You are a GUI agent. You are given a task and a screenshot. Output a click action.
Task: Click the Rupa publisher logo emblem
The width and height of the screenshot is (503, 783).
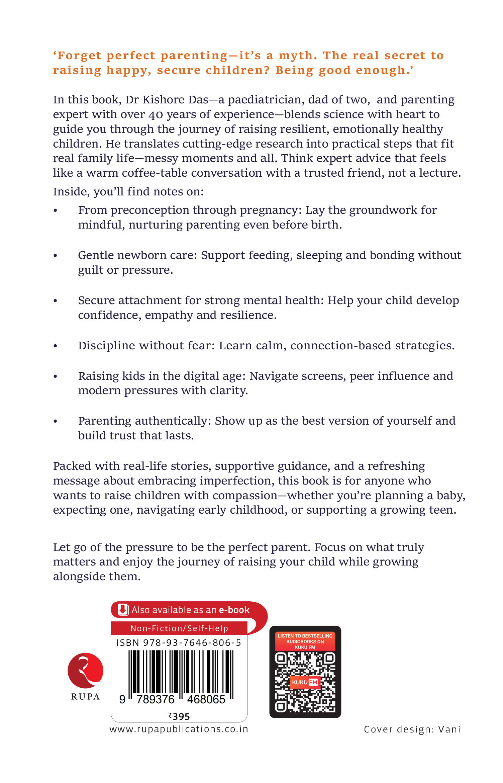pyautogui.click(x=86, y=670)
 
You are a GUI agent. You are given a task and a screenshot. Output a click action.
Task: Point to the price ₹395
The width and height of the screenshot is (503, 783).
pyautogui.click(x=179, y=716)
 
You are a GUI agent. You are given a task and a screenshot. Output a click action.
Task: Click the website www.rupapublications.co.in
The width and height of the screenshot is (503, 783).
pyautogui.click(x=179, y=729)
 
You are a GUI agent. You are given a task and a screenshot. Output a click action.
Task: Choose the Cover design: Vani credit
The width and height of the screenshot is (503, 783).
pyautogui.click(x=412, y=729)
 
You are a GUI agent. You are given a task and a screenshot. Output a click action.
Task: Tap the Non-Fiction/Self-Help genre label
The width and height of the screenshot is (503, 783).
pyautogui.click(x=179, y=628)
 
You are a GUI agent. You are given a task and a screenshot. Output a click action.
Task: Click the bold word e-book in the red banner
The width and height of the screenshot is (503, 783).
pyautogui.click(x=234, y=610)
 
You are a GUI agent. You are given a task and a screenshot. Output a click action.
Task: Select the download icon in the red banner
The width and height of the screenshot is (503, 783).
pyautogui.click(x=123, y=610)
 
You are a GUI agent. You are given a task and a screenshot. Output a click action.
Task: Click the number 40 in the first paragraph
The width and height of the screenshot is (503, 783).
pyautogui.click(x=156, y=115)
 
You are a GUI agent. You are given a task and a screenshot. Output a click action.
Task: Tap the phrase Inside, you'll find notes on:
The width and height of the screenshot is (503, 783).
pyautogui.click(x=128, y=192)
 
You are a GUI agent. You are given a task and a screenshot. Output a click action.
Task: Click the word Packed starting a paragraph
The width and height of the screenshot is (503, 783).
pyautogui.click(x=72, y=466)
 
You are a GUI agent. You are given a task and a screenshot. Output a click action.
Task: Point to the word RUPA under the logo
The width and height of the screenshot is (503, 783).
pyautogui.click(x=86, y=697)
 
